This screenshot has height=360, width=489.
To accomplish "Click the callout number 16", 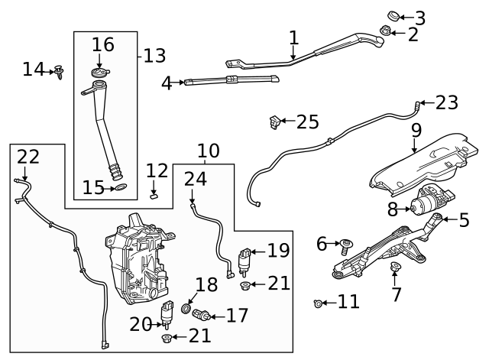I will coord(103,45).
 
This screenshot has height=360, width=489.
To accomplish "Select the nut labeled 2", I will coord(387,31).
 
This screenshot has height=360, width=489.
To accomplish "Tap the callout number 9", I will coord(416,130).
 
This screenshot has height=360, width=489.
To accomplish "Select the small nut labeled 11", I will coord(318,304).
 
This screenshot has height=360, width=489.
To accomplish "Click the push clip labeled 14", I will coord(58,73).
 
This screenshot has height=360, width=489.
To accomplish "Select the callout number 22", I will coord(28,157).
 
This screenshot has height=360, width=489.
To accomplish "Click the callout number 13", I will coord(154,56).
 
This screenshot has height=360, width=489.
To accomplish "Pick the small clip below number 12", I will coord(152,194).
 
